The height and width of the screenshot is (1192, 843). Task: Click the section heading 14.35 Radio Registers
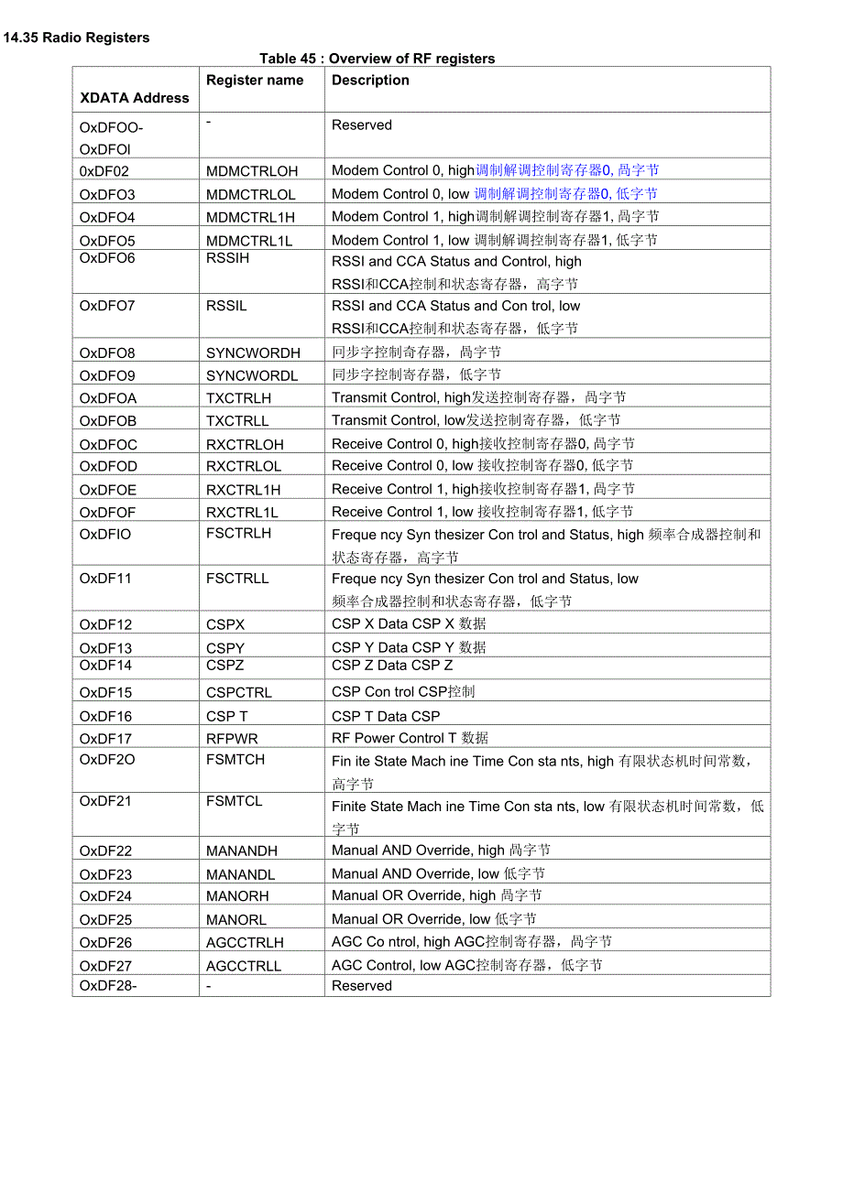click(76, 38)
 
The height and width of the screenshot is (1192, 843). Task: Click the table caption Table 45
click(377, 59)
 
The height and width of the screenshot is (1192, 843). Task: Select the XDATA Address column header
click(135, 98)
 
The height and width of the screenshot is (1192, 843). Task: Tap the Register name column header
click(255, 81)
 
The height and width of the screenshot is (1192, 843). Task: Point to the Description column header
click(370, 81)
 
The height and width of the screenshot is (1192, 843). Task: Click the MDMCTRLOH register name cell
click(252, 171)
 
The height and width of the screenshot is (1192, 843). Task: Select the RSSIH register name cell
click(227, 259)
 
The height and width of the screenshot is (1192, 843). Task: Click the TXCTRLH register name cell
click(238, 398)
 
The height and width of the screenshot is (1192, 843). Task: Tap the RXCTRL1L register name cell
click(242, 513)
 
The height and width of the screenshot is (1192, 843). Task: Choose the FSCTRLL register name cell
click(237, 579)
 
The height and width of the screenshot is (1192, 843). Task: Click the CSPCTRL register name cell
click(238, 693)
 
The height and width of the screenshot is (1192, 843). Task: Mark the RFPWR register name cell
click(232, 739)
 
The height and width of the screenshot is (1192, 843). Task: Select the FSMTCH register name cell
click(235, 760)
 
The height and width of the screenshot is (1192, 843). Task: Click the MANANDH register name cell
click(241, 851)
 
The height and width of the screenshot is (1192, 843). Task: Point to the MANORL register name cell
click(235, 920)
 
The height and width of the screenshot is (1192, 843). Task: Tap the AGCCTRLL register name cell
click(243, 966)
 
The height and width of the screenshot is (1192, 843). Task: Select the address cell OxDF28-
click(108, 986)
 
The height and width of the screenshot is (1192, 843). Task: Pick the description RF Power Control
click(410, 739)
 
